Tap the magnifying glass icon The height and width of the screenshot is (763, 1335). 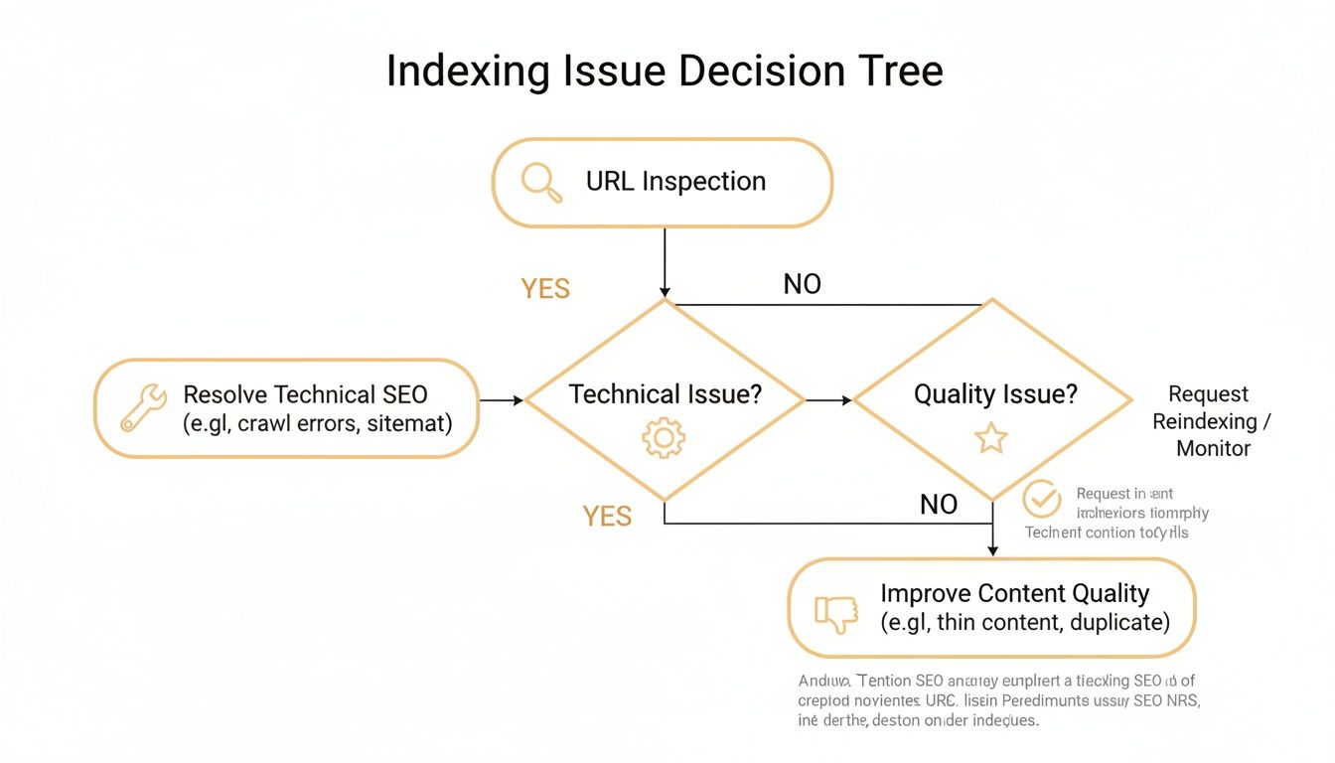tap(541, 183)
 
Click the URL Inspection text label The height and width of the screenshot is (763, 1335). tap(675, 182)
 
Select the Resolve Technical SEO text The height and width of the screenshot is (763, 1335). tap(305, 393)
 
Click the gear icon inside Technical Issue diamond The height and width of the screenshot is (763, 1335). tap(663, 438)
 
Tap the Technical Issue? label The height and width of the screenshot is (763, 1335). tap(665, 394)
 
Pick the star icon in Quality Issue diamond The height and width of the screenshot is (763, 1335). tap(990, 438)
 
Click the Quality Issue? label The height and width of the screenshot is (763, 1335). tap(995, 394)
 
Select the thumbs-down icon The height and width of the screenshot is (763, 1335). tap(835, 614)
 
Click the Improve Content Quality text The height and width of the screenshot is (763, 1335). tap(1014, 593)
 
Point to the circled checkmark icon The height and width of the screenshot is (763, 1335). tap(1042, 500)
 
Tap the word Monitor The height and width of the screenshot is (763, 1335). tap(1213, 448)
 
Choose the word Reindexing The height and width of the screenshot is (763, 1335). tap(1204, 421)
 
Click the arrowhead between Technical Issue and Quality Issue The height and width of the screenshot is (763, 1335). tap(846, 400)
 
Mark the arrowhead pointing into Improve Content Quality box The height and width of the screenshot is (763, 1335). tap(992, 550)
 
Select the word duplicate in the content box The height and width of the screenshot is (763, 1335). tap(1115, 623)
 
